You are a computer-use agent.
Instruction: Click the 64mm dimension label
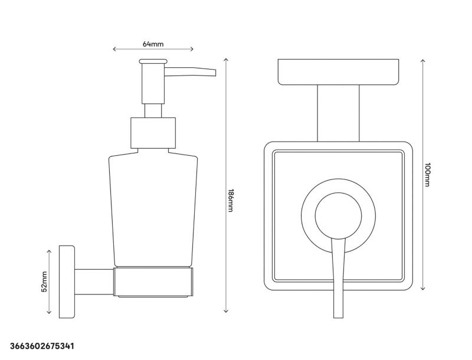[153, 44]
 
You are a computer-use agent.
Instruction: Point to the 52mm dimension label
[44, 281]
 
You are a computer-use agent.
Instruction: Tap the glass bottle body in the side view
[153, 207]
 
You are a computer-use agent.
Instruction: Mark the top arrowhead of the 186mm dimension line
[227, 60]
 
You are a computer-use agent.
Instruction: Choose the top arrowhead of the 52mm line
[49, 250]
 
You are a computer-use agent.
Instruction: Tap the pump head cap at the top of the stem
[153, 61]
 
